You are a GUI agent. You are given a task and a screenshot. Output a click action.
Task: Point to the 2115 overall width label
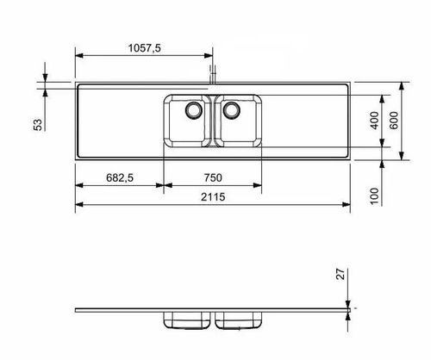tap(214, 198)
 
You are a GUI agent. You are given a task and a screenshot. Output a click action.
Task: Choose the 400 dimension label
tap(375, 121)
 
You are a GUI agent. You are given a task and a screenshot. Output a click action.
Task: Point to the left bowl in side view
tap(186, 320)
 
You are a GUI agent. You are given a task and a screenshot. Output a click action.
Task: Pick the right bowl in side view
tap(239, 320)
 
